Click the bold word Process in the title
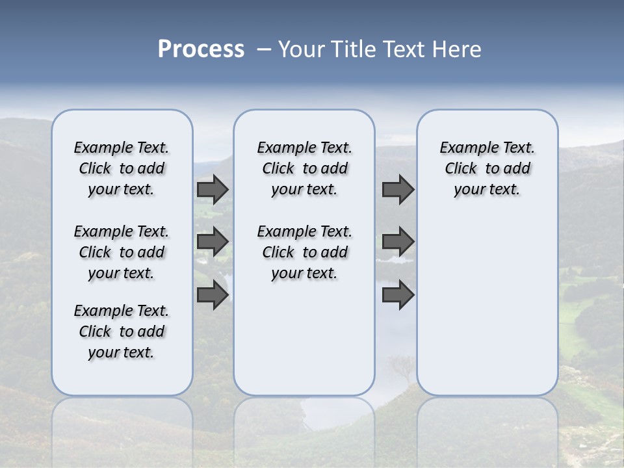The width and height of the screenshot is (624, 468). [201, 49]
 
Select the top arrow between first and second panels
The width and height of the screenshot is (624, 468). [213, 189]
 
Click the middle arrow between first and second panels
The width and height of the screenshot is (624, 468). [213, 242]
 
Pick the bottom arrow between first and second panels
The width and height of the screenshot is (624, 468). [213, 295]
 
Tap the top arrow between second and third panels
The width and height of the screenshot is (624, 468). [398, 189]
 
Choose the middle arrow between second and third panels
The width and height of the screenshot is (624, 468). [398, 242]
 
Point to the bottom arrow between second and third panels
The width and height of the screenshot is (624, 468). [398, 295]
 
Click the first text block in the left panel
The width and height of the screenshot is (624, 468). [122, 169]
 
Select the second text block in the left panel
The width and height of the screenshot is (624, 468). [122, 252]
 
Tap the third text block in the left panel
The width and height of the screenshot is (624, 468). [122, 331]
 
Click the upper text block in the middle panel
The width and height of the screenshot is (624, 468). [304, 169]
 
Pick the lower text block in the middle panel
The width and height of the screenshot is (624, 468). [304, 252]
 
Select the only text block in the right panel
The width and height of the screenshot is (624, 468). [487, 169]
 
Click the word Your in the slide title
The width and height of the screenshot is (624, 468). [301, 49]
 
